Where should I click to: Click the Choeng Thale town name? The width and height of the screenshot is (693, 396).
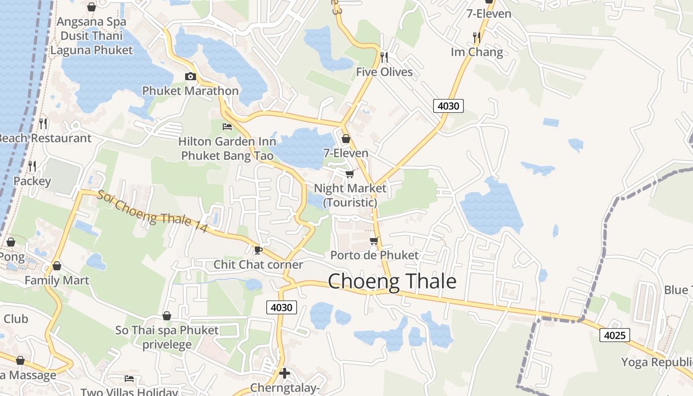pyautogui.click(x=392, y=281)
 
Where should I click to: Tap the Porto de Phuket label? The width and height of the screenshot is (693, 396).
pyautogui.click(x=374, y=255)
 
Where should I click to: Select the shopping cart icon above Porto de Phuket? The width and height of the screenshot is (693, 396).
pyautogui.click(x=374, y=241)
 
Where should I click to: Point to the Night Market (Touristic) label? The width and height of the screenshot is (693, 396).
pyautogui.click(x=350, y=195)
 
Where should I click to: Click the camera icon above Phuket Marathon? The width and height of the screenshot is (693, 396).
pyautogui.click(x=190, y=76)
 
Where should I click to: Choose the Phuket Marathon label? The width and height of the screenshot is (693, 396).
pyautogui.click(x=191, y=91)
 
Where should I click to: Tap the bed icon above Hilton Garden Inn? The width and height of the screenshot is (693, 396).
pyautogui.click(x=227, y=127)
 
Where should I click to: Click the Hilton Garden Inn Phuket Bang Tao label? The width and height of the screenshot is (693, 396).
pyautogui.click(x=227, y=148)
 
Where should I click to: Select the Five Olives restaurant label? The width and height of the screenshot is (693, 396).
pyautogui.click(x=384, y=72)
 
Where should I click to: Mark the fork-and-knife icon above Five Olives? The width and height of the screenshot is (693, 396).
pyautogui.click(x=384, y=57)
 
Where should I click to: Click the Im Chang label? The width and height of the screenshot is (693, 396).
pyautogui.click(x=477, y=52)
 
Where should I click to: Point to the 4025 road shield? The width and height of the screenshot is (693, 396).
pyautogui.click(x=615, y=335)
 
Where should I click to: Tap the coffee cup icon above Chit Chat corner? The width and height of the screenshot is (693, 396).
pyautogui.click(x=257, y=250)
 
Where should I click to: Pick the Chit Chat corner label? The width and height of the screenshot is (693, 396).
pyautogui.click(x=258, y=265)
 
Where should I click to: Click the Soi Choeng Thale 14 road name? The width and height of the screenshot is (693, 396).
pyautogui.click(x=152, y=211)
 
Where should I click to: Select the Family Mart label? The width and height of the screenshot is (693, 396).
pyautogui.click(x=57, y=281)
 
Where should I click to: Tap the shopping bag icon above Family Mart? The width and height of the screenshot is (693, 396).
pyautogui.click(x=57, y=266)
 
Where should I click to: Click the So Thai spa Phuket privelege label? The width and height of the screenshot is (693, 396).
pyautogui.click(x=167, y=337)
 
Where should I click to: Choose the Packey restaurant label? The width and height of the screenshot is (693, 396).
pyautogui.click(x=32, y=181)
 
